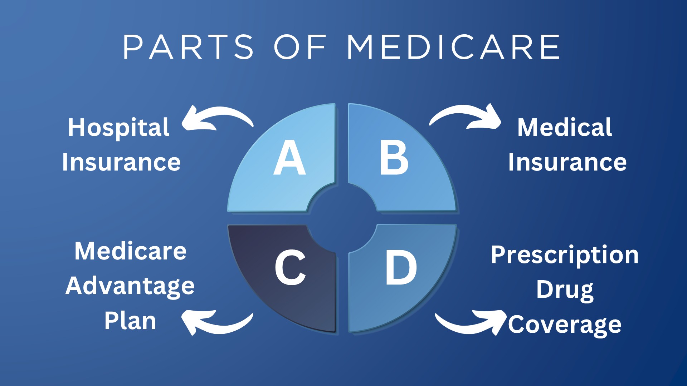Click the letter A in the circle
click(289, 158)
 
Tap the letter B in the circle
click(394, 158)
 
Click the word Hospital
click(118, 128)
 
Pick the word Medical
click(565, 127)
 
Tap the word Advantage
click(130, 286)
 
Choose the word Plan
click(130, 321)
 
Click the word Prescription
click(565, 255)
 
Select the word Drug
click(565, 290)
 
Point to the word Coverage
click(565, 325)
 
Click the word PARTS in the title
click(188, 47)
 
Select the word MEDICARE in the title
click(453, 47)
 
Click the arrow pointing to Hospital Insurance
click(215, 118)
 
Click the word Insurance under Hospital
click(121, 162)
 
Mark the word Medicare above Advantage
click(130, 251)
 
